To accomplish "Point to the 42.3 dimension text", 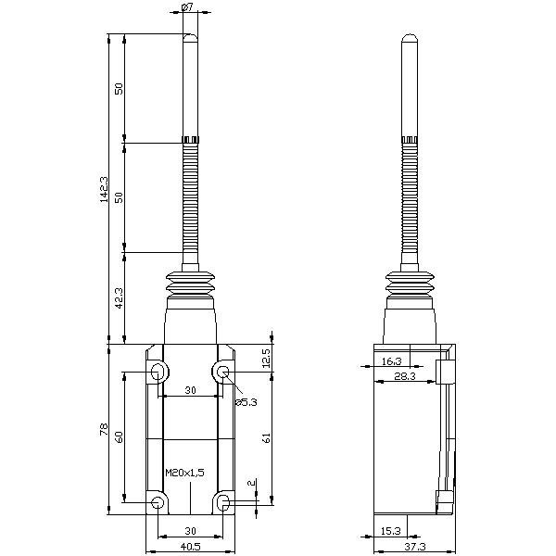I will [120, 298].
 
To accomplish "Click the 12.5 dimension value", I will [268, 357].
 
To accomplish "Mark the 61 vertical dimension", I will [268, 437].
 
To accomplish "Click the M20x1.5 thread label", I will [184, 473].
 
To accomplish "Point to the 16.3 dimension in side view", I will [392, 361].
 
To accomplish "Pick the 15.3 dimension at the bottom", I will [391, 531].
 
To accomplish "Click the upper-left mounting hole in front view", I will [158, 373].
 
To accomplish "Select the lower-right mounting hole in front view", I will [223, 502].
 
